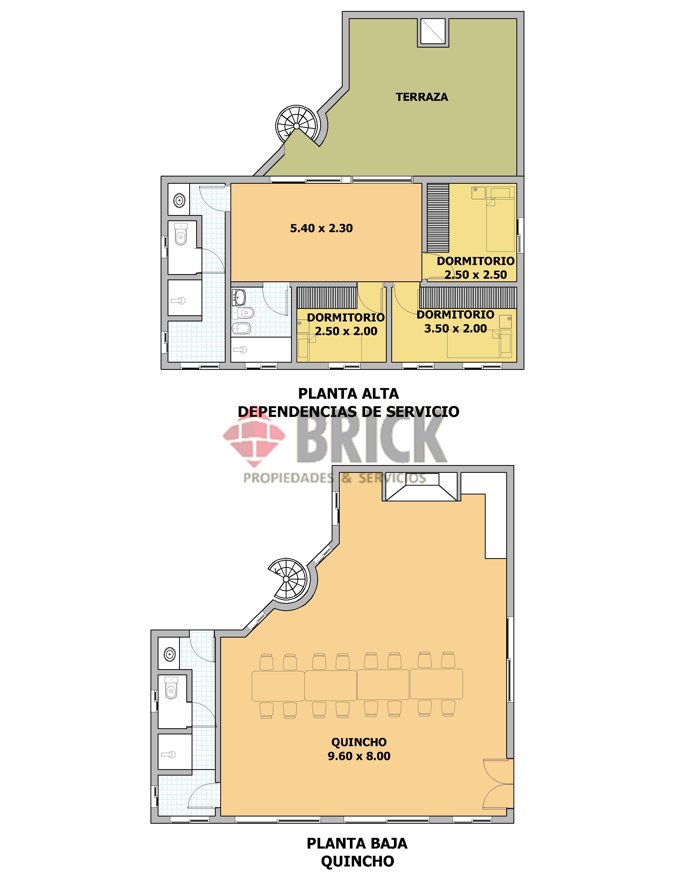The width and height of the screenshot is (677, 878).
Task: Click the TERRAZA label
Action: (421, 97)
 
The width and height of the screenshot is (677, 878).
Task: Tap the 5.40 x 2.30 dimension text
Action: (322, 228)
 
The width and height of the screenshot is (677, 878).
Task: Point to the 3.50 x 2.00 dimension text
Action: (456, 328)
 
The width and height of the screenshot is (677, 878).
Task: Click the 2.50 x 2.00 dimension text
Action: (346, 331)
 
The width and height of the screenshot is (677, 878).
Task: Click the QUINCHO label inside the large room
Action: (359, 742)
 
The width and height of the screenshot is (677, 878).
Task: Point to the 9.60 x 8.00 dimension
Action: (359, 756)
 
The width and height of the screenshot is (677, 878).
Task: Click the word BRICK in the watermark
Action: (372, 442)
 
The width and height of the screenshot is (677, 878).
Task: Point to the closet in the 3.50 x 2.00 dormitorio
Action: (468, 297)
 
